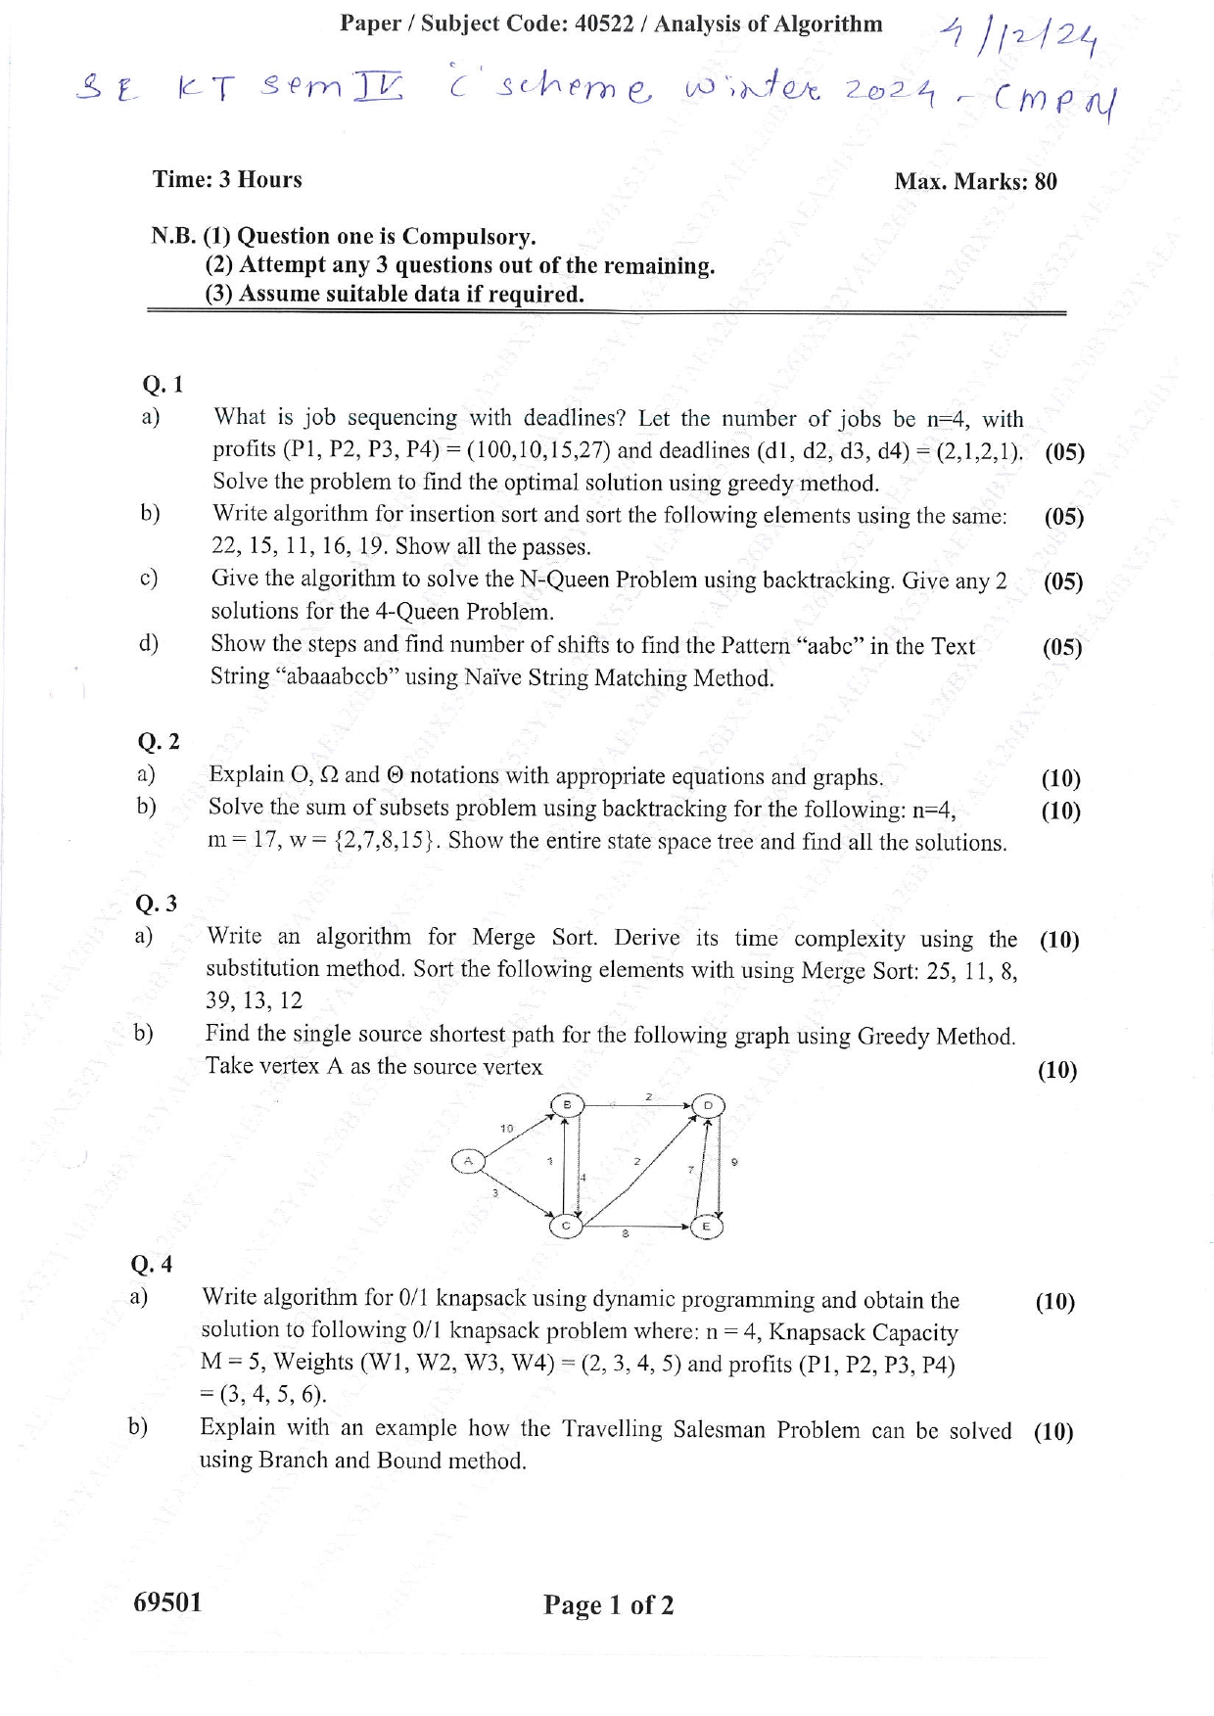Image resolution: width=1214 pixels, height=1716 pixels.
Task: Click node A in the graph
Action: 468,1161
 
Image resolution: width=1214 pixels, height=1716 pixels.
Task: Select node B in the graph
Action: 566,1104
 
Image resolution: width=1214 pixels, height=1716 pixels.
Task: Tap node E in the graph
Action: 706,1226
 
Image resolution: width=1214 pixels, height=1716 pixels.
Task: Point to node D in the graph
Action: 708,1106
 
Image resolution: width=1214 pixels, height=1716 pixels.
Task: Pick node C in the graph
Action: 565,1225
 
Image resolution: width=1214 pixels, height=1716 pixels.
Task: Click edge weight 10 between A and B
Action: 506,1128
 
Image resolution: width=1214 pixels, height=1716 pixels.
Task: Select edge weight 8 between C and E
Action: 625,1234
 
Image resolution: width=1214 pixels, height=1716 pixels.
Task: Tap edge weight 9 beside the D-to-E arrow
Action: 734,1162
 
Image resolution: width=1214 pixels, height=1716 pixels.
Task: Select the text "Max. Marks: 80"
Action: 975,181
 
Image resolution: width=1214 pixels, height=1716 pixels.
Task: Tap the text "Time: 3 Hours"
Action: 227,179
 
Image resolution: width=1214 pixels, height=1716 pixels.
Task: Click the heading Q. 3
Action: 157,903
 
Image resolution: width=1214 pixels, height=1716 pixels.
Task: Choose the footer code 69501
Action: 167,1601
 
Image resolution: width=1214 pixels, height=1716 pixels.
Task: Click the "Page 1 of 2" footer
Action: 609,1604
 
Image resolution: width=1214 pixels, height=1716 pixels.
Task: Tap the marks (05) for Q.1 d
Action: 1062,647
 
